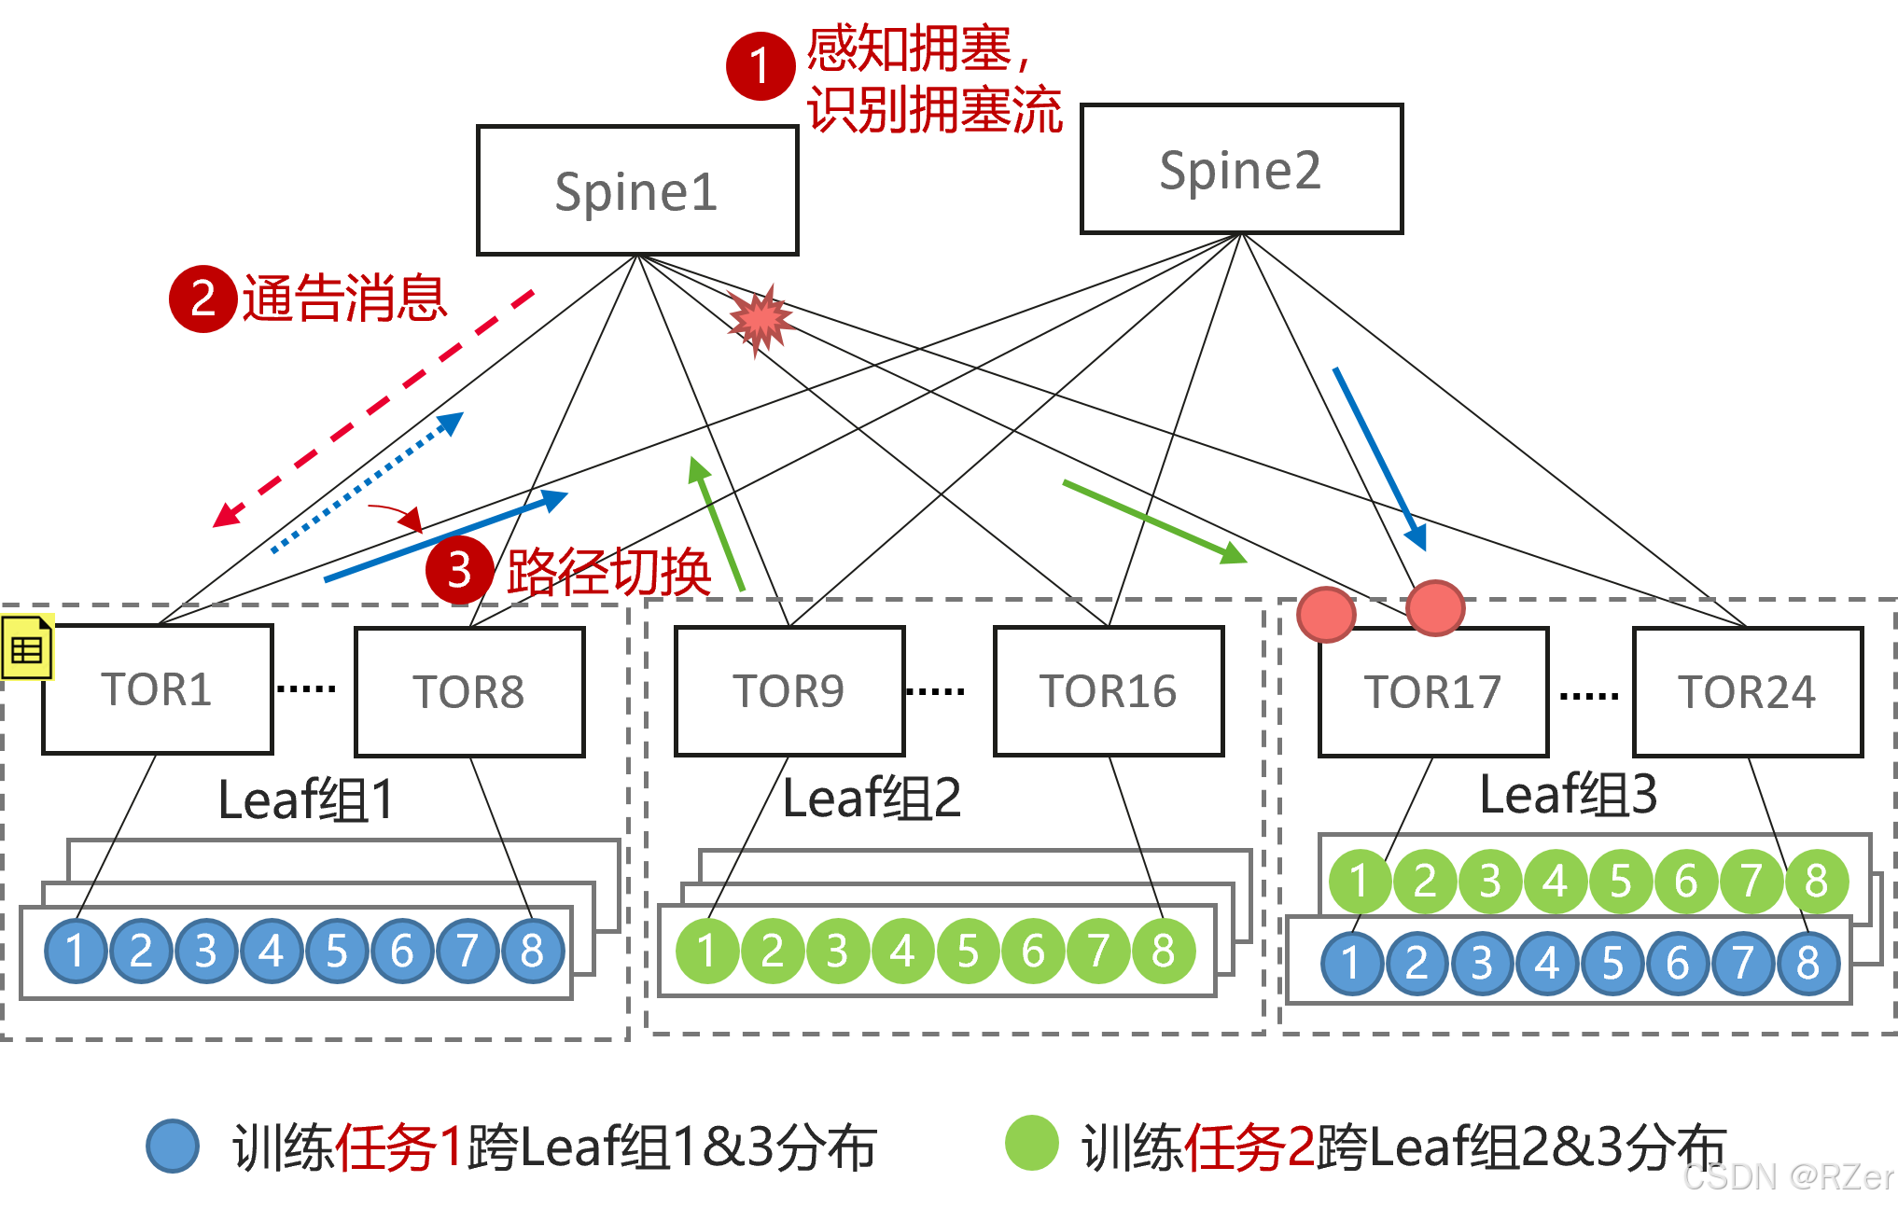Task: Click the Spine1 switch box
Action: click(x=637, y=190)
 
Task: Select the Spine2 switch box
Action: click(x=1241, y=169)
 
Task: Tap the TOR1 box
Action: click(x=157, y=689)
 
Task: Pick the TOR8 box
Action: click(x=469, y=691)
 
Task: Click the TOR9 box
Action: click(x=789, y=690)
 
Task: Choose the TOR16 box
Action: click(x=1109, y=690)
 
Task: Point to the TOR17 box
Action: click(x=1433, y=691)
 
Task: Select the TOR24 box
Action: click(x=1748, y=691)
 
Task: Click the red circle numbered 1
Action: click(x=761, y=65)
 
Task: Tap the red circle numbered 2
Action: click(x=202, y=299)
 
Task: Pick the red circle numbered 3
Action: click(x=459, y=570)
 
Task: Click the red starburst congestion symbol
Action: click(x=761, y=320)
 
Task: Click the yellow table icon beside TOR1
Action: click(x=27, y=646)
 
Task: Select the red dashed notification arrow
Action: click(x=373, y=409)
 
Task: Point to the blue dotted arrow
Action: click(x=367, y=482)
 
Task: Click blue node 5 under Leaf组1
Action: click(x=336, y=951)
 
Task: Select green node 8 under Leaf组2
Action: click(x=1163, y=951)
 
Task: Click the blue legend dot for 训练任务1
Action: click(x=173, y=1146)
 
